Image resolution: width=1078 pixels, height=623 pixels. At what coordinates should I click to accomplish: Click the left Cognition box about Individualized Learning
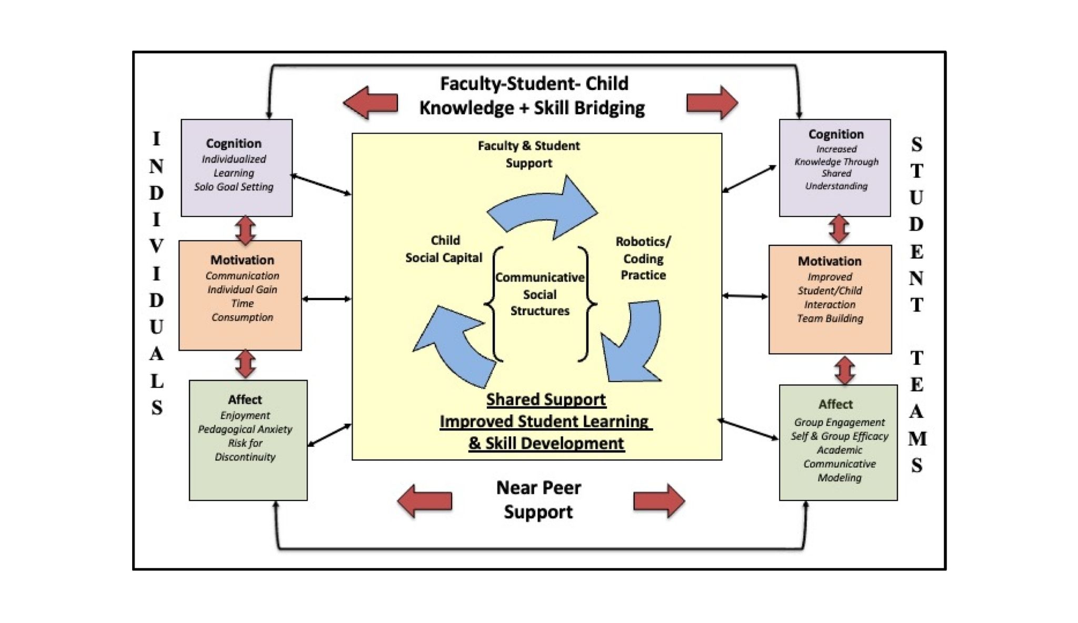pyautogui.click(x=236, y=167)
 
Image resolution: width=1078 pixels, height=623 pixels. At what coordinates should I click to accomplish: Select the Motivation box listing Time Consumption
pyautogui.click(x=240, y=295)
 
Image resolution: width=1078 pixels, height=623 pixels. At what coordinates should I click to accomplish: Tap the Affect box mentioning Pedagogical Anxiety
pyautogui.click(x=248, y=440)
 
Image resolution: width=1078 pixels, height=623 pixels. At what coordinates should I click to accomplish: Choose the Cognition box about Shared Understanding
pyautogui.click(x=835, y=167)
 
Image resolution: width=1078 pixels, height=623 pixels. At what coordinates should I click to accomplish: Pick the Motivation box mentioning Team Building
pyautogui.click(x=830, y=299)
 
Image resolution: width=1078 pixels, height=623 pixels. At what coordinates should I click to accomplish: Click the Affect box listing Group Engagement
pyautogui.click(x=838, y=443)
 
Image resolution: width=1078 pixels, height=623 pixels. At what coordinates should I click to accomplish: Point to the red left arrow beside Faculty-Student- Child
pyautogui.click(x=371, y=102)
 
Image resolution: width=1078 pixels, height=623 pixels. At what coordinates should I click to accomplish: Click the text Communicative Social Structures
pyautogui.click(x=540, y=294)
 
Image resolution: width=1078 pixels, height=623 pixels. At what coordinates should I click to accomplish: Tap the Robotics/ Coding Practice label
pyautogui.click(x=643, y=258)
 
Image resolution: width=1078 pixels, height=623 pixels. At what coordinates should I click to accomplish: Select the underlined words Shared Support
pyautogui.click(x=546, y=399)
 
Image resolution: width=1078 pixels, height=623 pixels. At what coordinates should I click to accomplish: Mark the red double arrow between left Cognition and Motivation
pyautogui.click(x=246, y=229)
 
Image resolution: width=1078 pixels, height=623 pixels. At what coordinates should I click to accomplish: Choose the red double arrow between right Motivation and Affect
pyautogui.click(x=844, y=370)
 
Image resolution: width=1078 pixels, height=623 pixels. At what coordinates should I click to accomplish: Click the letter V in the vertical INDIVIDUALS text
pyautogui.click(x=156, y=246)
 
